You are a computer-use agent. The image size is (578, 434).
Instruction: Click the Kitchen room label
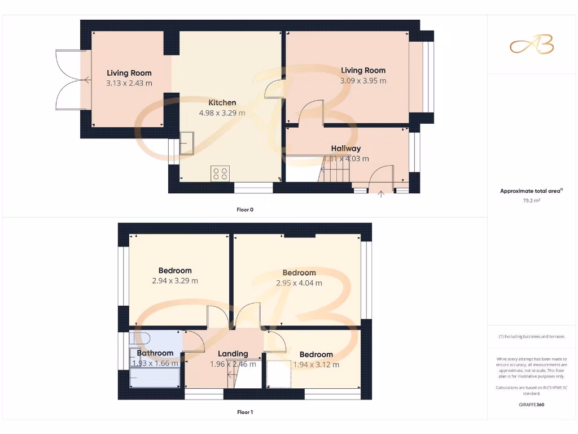coord(222,102)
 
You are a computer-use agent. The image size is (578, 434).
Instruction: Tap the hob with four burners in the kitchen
coord(220,173)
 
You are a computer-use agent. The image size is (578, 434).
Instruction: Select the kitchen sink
coord(186,143)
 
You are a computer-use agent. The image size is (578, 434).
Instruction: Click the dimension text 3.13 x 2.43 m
coord(129,83)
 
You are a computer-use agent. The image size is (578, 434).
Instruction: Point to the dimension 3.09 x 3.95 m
coord(363,81)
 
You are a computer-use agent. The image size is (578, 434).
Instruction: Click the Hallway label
coord(346,149)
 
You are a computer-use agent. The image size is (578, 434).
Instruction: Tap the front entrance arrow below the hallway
coord(381,196)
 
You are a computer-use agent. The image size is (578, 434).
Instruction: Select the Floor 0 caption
coord(245,210)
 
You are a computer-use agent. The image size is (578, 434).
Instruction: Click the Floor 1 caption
coord(245,413)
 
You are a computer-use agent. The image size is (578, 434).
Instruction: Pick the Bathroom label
coord(155,353)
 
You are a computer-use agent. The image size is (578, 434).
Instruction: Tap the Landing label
coord(233,354)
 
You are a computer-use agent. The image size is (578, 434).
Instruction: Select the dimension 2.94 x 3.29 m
coord(175,281)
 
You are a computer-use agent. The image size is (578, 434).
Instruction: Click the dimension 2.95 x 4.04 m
coord(299,283)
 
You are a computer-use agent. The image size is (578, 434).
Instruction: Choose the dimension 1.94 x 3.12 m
coord(316,365)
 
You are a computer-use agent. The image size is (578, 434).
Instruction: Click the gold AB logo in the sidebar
coord(532,46)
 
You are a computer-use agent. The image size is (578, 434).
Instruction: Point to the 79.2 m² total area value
coord(531,200)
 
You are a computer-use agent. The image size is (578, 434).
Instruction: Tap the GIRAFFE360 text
coord(531,405)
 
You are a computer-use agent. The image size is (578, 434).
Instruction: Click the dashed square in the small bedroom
coord(279,374)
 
